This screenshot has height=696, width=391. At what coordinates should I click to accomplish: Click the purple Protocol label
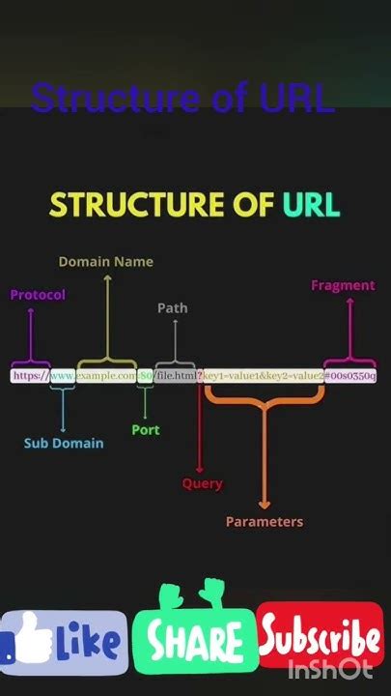coord(38,295)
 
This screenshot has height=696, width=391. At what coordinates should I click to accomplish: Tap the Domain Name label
coord(105,261)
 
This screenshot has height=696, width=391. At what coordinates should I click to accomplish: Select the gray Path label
coord(173,308)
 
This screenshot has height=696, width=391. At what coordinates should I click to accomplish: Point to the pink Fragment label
coord(343,285)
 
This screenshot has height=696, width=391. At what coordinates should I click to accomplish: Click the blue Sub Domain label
coord(64,443)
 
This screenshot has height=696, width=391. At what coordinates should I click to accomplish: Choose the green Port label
coord(146,429)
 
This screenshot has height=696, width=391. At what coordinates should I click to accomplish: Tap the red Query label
coord(203,483)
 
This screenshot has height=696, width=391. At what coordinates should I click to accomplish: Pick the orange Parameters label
coord(265,522)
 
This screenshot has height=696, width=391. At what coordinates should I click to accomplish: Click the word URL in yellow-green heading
coord(311,205)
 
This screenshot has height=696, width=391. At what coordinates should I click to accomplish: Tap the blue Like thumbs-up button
coord(64,642)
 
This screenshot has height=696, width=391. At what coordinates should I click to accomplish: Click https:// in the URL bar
coord(30,375)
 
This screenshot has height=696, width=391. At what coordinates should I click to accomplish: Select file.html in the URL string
coord(178,375)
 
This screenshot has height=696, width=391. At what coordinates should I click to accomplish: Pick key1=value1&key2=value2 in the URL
coord(262,375)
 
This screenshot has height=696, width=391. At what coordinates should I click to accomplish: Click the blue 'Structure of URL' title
coord(182,98)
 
